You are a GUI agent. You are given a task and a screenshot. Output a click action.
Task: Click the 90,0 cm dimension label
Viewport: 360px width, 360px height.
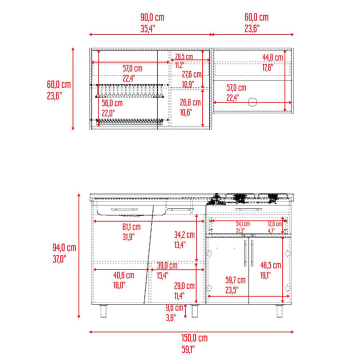pyautogui.click(x=152, y=17)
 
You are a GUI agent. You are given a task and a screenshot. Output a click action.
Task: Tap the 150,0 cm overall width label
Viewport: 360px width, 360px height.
pyautogui.click(x=194, y=338)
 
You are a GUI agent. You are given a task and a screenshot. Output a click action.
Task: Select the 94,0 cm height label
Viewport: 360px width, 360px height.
pyautogui.click(x=64, y=247)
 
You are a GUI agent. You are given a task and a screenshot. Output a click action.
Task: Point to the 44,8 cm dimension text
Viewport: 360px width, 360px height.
pyautogui.click(x=273, y=57)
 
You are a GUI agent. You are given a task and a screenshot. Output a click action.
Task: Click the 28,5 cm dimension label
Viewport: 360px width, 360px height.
pyautogui.click(x=184, y=56)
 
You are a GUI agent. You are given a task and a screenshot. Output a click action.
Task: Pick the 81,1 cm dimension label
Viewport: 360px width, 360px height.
pyautogui.click(x=131, y=227)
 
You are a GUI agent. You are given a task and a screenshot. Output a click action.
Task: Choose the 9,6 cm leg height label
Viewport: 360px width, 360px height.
pyautogui.click(x=174, y=308)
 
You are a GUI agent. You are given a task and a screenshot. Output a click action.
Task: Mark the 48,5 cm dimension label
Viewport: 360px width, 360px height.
pyautogui.click(x=270, y=265)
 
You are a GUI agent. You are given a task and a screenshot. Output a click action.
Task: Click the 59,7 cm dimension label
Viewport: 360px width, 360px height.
pyautogui.click(x=235, y=280)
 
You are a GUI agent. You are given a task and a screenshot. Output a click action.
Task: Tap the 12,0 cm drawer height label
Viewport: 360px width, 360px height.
pyautogui.click(x=275, y=224)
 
